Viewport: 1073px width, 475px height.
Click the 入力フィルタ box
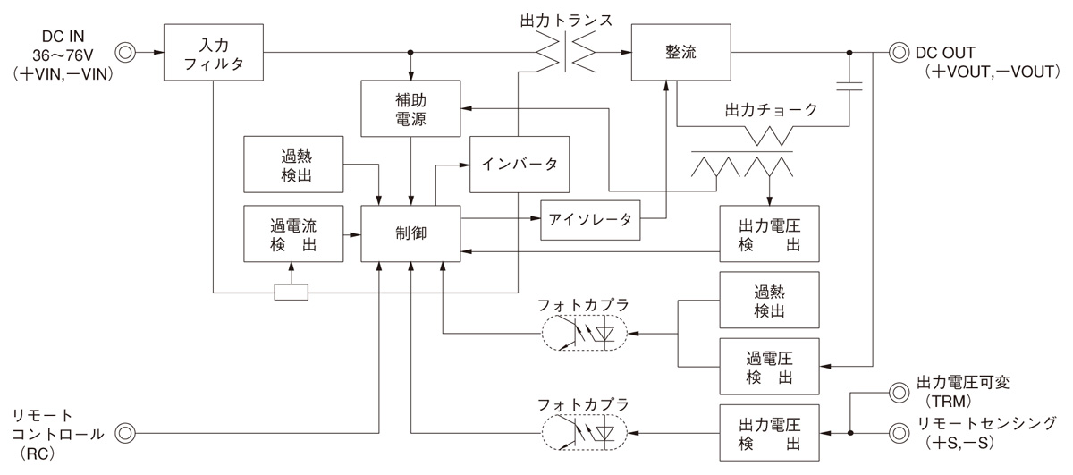click(x=213, y=52)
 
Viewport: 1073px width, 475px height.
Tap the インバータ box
click(x=520, y=165)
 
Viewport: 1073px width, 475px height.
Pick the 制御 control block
click(x=410, y=233)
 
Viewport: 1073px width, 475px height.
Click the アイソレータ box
click(x=591, y=219)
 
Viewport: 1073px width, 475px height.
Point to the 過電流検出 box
click(x=293, y=233)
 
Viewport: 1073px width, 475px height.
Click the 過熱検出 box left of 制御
click(x=293, y=164)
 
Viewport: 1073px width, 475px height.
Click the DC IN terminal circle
click(x=126, y=52)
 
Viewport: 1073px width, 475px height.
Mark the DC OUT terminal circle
click(x=899, y=52)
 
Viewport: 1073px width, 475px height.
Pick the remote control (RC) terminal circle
click(x=126, y=434)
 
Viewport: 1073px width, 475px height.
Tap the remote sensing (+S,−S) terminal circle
click(x=899, y=433)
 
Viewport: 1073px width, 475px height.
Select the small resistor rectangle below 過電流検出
click(x=291, y=292)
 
